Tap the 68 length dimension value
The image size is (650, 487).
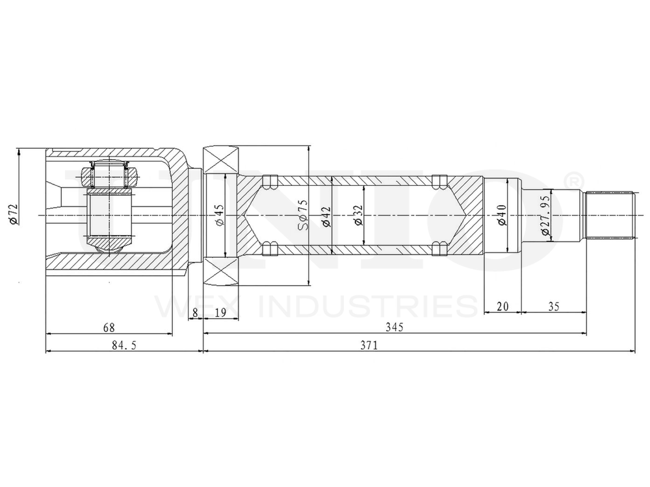(109, 328)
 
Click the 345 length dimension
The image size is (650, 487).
(394, 328)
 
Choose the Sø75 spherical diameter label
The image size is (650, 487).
(303, 215)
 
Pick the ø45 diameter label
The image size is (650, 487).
(219, 215)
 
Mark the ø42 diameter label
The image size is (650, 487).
(326, 215)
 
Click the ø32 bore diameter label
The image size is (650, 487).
(357, 215)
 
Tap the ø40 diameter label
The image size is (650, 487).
(502, 215)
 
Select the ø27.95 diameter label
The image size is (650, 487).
(545, 215)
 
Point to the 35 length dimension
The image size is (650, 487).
(554, 306)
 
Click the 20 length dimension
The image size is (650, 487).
(502, 306)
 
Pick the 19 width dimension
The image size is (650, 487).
(220, 313)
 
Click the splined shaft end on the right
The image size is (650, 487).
(610, 215)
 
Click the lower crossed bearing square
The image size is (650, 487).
(221, 271)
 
